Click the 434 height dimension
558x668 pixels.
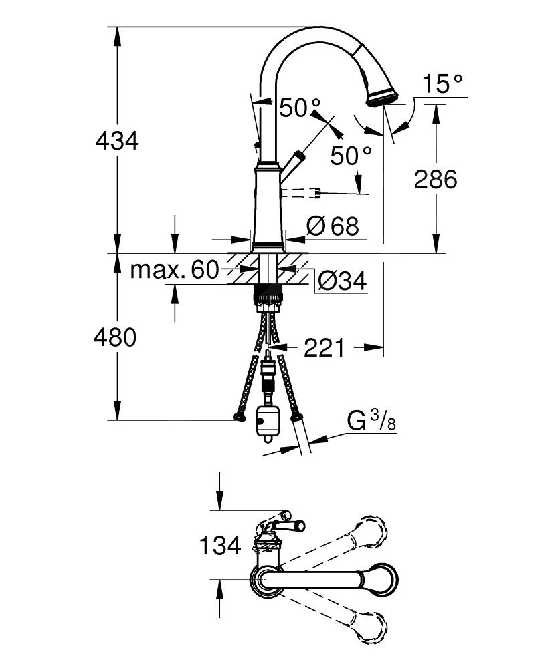click(x=117, y=141)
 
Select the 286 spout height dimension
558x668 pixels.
click(x=436, y=179)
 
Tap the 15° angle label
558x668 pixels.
click(x=442, y=85)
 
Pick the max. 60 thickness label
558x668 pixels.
click(x=175, y=270)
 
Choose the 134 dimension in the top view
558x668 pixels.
click(x=219, y=546)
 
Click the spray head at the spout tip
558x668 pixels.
click(x=382, y=94)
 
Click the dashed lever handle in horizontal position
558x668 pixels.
click(x=304, y=194)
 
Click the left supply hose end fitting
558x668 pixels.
click(x=238, y=417)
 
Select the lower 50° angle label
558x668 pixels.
click(x=351, y=156)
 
